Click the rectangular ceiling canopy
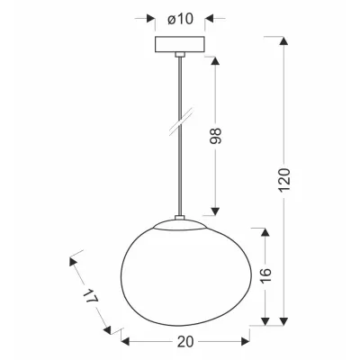[x=179, y=45]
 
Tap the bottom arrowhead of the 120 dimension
[x=286, y=321]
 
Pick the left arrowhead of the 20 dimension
[x=125, y=341]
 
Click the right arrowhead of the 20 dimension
[x=243, y=341]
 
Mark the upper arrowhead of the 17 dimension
[x=72, y=262]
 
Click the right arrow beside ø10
[x=209, y=17]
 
